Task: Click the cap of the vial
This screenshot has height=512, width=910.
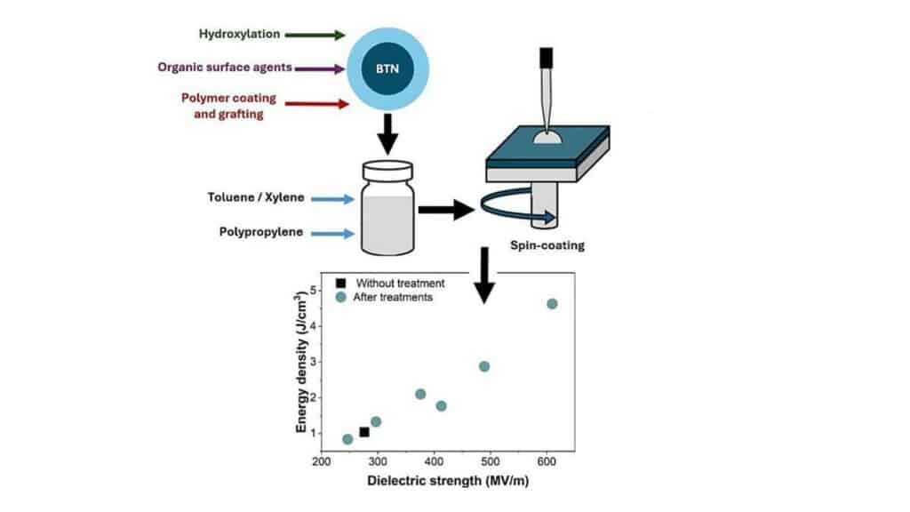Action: click(388, 169)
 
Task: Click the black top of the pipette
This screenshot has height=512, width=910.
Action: click(546, 58)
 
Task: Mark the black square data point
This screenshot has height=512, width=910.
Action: click(364, 432)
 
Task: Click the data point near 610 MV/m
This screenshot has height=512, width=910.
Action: click(552, 304)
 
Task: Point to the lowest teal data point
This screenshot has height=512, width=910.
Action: click(347, 439)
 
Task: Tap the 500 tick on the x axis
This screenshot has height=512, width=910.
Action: click(490, 462)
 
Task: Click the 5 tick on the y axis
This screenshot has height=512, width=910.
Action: click(313, 291)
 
